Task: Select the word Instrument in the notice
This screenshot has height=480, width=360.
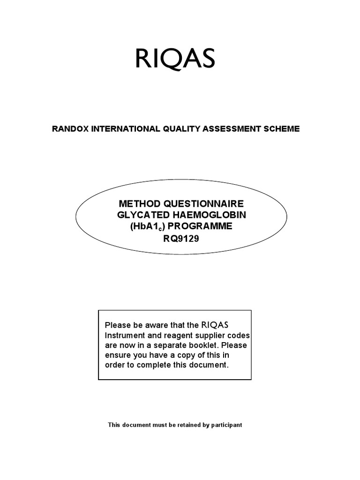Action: [x=122, y=336]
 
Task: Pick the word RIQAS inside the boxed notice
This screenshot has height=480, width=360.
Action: [x=217, y=325]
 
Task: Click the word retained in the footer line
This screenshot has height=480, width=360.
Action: [x=180, y=425]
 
